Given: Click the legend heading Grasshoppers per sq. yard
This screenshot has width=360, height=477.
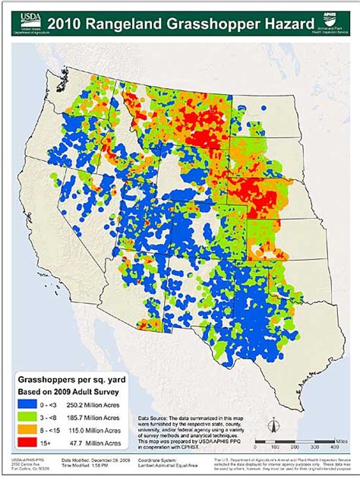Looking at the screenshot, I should point(74,376).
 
